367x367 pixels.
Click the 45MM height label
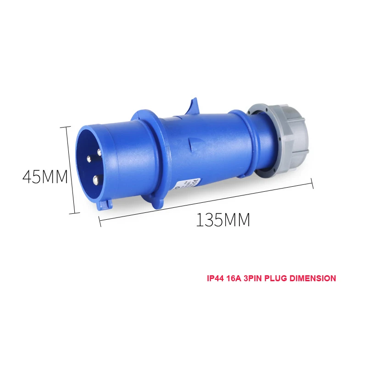(45, 177)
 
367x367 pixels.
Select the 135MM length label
(223, 220)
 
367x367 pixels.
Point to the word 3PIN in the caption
(254, 278)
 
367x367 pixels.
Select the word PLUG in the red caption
(277, 278)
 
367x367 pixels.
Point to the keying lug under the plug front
(105, 204)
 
